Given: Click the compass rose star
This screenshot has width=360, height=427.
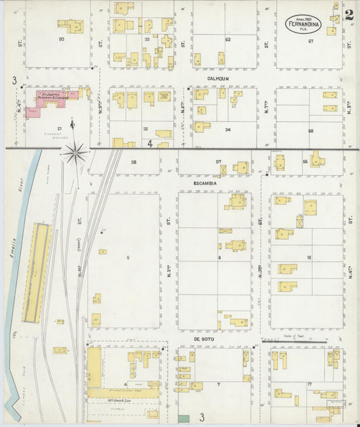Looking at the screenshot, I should pyautogui.click(x=74, y=152).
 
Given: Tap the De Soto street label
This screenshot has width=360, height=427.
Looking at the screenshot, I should pyautogui.click(x=203, y=339).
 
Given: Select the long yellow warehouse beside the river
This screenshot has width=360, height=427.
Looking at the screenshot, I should pyautogui.click(x=37, y=272).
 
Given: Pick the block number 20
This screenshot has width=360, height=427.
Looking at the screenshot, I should pyautogui.click(x=61, y=39).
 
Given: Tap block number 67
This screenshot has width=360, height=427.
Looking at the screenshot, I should pyautogui.click(x=311, y=41).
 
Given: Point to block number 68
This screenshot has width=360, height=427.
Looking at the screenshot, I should pyautogui.click(x=311, y=130).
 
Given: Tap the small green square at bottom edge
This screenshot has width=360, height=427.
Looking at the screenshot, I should pyautogui.click(x=183, y=419).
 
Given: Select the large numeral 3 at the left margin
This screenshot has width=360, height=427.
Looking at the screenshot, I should pyautogui.click(x=13, y=80).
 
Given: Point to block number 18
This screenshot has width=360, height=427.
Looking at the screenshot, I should pyautogui.click(x=309, y=258).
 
